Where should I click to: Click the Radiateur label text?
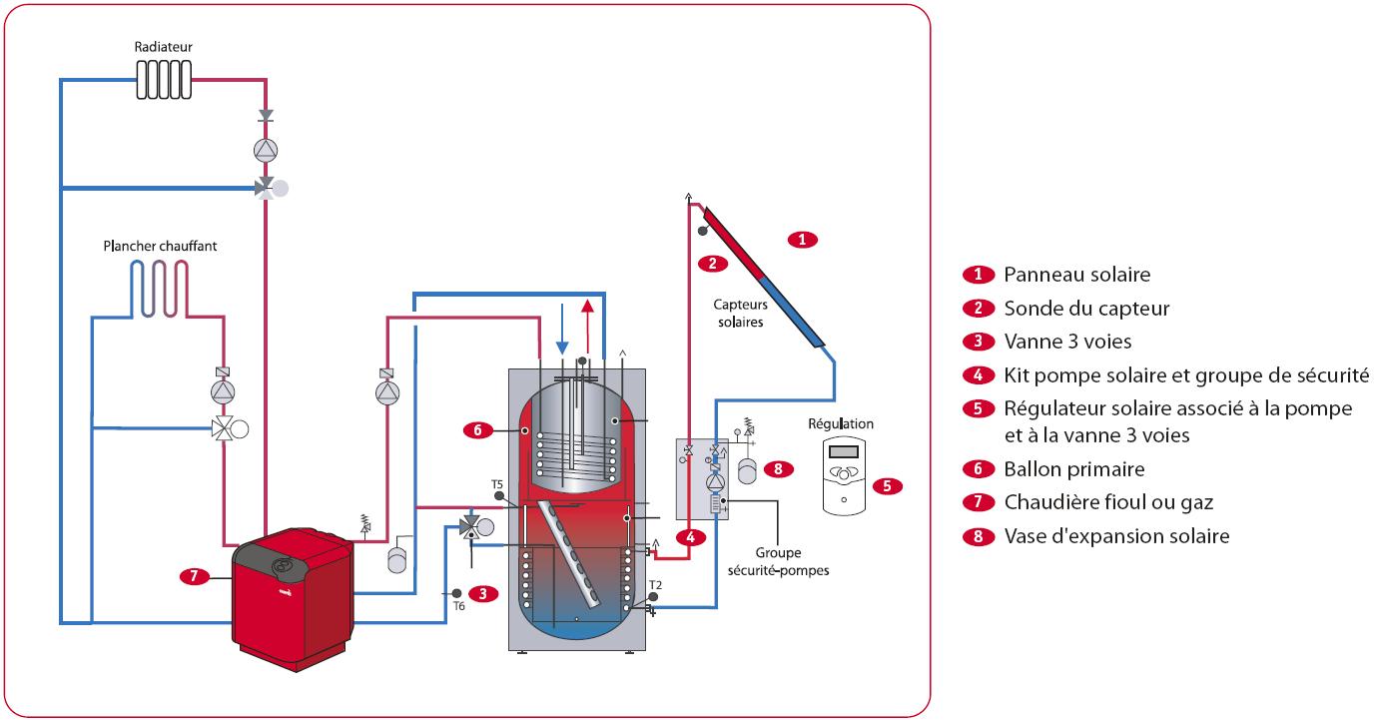pyautogui.click(x=164, y=47)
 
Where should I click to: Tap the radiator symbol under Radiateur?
pyautogui.click(x=164, y=80)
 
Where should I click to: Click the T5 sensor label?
pyautogui.click(x=497, y=483)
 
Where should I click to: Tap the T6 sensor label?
pyautogui.click(x=459, y=606)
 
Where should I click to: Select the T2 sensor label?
pyautogui.click(x=655, y=584)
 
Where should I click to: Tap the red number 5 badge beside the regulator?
pyautogui.click(x=886, y=486)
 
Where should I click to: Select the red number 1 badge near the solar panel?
pyautogui.click(x=803, y=240)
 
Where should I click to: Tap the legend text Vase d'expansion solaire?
pyautogui.click(x=1116, y=536)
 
